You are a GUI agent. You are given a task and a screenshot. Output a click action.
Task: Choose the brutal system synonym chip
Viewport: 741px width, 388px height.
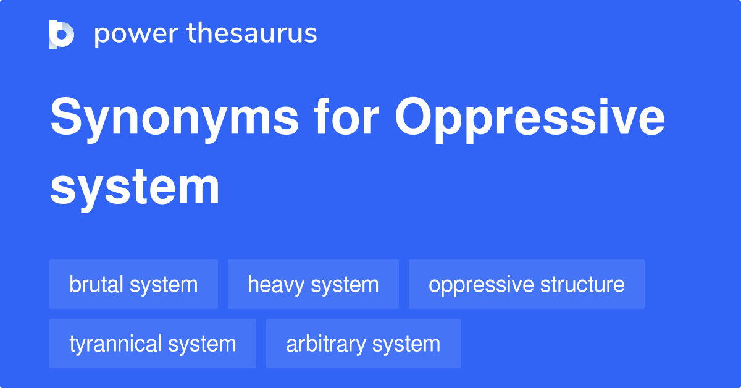click(133, 284)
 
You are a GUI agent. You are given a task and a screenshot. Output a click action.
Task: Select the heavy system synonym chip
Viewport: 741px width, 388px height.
click(313, 284)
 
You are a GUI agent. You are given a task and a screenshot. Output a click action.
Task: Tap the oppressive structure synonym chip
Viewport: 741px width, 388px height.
click(526, 284)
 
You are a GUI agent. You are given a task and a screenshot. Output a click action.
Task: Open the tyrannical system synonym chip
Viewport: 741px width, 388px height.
click(153, 344)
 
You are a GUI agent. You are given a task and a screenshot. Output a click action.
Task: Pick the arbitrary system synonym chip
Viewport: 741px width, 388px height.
click(363, 344)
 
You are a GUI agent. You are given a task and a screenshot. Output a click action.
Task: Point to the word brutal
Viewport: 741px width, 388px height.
click(97, 284)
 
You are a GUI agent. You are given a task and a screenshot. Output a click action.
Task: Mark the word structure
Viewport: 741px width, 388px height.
click(582, 284)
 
